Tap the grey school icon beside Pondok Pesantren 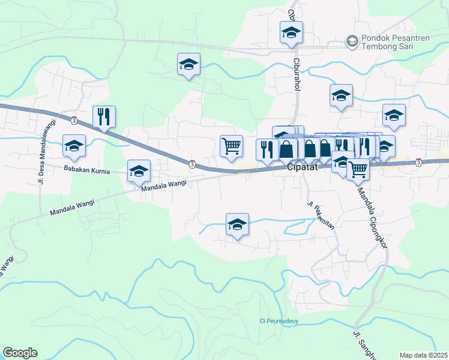(x=351, y=41)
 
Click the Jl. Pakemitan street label (x=321, y=217)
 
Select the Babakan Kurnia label (x=87, y=171)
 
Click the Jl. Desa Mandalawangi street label (x=45, y=143)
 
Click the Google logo (x=20, y=353)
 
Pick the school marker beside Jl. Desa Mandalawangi (x=74, y=145)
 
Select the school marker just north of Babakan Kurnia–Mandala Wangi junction (x=139, y=171)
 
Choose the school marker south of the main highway (x=237, y=225)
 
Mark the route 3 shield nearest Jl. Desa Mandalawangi (x=73, y=119)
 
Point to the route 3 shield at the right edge (x=418, y=161)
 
